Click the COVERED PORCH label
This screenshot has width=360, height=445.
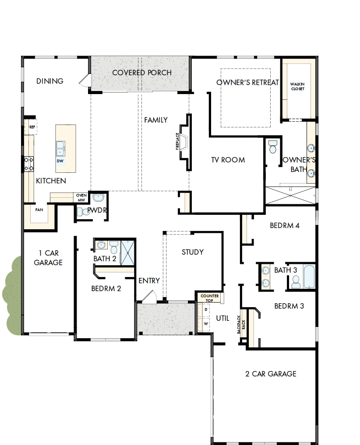(x=141, y=73)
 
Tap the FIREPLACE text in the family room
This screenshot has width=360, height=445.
(x=178, y=141)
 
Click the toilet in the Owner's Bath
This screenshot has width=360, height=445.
(x=273, y=147)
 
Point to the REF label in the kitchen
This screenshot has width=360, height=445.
(x=32, y=127)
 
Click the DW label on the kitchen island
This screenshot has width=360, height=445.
(x=60, y=161)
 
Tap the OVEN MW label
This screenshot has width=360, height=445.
(x=81, y=198)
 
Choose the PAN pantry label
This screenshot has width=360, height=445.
(x=39, y=210)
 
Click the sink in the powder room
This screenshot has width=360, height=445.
(x=99, y=197)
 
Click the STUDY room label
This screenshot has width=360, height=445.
(x=193, y=252)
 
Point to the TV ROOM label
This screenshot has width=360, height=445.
(x=228, y=160)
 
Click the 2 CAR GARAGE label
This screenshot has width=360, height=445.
(x=270, y=374)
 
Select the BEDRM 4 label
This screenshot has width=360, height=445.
(x=284, y=226)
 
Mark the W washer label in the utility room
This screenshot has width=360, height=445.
(x=206, y=324)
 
